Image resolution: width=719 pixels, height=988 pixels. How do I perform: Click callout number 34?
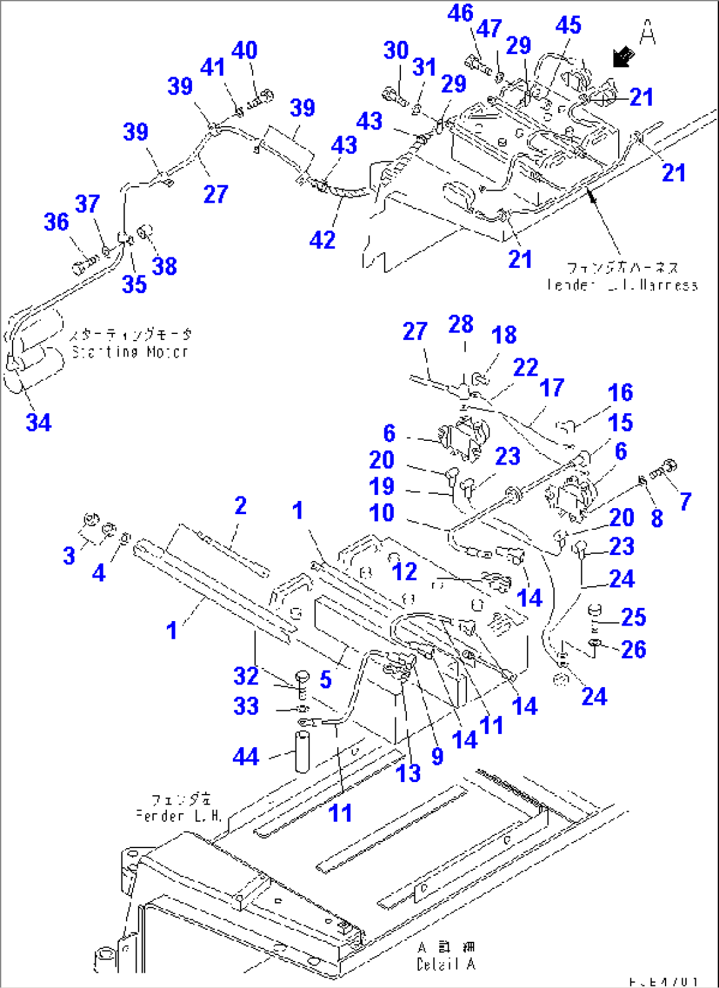38,422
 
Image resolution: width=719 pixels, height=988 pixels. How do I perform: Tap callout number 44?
246,756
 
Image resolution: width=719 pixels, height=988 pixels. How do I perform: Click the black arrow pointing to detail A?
623,57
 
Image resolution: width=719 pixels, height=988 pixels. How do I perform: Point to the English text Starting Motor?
129,352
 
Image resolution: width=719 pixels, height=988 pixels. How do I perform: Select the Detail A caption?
445,964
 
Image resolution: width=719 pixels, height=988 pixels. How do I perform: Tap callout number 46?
460,13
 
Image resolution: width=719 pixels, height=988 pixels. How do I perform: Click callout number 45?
568,25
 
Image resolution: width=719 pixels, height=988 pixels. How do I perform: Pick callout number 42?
322,240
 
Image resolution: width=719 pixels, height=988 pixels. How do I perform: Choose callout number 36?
56,222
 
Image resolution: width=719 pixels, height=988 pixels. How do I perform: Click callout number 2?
240,506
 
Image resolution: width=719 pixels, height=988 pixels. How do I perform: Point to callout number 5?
325,679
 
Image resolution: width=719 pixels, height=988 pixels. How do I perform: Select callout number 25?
633,617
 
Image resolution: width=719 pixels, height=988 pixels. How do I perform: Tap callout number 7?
685,502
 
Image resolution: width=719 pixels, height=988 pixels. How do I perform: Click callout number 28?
460,324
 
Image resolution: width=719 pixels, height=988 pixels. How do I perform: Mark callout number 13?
408,773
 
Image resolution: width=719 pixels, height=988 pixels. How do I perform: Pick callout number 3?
69,556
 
